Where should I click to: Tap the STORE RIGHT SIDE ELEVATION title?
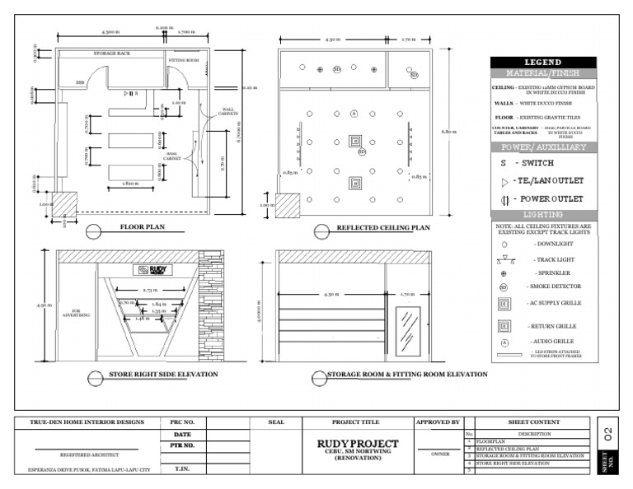[x=163, y=375]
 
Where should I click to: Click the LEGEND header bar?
[x=542, y=63]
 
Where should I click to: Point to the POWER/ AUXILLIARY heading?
[x=542, y=147]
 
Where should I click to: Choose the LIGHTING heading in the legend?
[x=542, y=214]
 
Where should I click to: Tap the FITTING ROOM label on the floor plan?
[x=185, y=61]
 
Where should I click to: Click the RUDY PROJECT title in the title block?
[x=357, y=444]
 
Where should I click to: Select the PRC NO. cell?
[x=182, y=422]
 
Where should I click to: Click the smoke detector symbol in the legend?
[x=504, y=286]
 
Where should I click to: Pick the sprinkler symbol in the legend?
[x=504, y=272]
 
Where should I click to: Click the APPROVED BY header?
[x=438, y=422]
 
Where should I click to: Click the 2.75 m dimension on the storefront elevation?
[x=150, y=291]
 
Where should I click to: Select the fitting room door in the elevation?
[x=408, y=331]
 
